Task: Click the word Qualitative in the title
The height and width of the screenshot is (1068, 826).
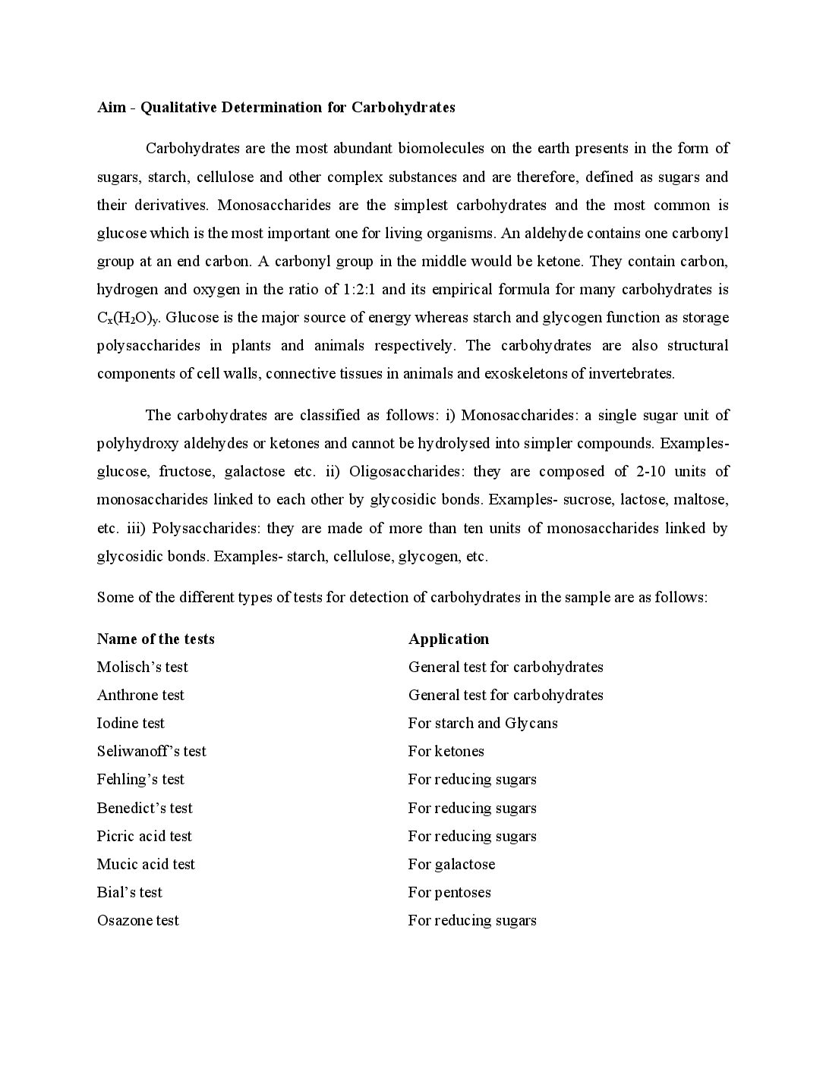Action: [x=179, y=107]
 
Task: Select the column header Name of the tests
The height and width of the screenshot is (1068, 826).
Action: [x=156, y=639]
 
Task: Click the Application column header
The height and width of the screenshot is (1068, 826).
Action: [x=449, y=639]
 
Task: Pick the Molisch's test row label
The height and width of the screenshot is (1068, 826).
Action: [x=143, y=667]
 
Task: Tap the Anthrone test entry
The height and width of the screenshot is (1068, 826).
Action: [x=140, y=695]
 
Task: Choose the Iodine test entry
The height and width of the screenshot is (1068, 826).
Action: [x=131, y=723]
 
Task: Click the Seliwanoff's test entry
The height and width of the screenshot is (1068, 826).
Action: [x=152, y=751]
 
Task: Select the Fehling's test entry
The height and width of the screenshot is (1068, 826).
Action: [x=140, y=779]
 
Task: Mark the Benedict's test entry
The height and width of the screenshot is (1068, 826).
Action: [x=145, y=808]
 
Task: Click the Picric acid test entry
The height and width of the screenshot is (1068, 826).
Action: [x=144, y=836]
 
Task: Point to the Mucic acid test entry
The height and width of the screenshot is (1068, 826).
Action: [x=146, y=864]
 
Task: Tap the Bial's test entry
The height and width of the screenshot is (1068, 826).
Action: [x=130, y=892]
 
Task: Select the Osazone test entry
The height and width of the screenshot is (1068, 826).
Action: [x=138, y=920]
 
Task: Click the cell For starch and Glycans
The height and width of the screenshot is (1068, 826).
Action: [x=483, y=723]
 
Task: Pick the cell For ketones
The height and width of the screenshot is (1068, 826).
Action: [x=446, y=751]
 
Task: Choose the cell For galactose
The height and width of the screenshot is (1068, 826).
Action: [x=452, y=864]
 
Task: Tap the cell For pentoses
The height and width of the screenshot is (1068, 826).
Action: [x=449, y=892]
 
